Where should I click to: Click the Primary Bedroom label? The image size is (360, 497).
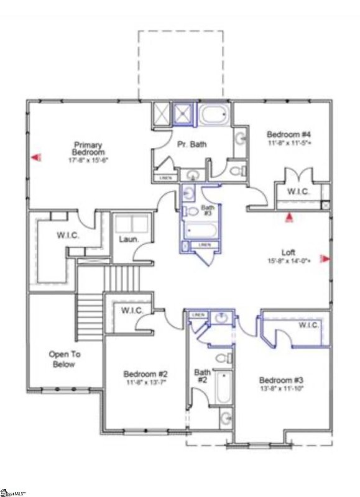point(87,148)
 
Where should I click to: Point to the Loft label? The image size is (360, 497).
point(288,253)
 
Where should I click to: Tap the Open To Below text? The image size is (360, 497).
point(65,359)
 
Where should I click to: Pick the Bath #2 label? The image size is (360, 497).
point(203,376)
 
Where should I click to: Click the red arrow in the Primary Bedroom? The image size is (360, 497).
point(37,159)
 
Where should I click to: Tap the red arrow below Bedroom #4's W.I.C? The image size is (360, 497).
point(288,217)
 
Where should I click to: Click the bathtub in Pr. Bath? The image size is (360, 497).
point(215,116)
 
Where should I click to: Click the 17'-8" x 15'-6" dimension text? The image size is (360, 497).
point(88,160)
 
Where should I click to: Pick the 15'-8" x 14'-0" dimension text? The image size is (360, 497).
point(288,262)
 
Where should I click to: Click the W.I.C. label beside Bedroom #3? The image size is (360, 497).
point(308,326)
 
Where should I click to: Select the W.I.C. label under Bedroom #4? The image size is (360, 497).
point(298,191)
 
